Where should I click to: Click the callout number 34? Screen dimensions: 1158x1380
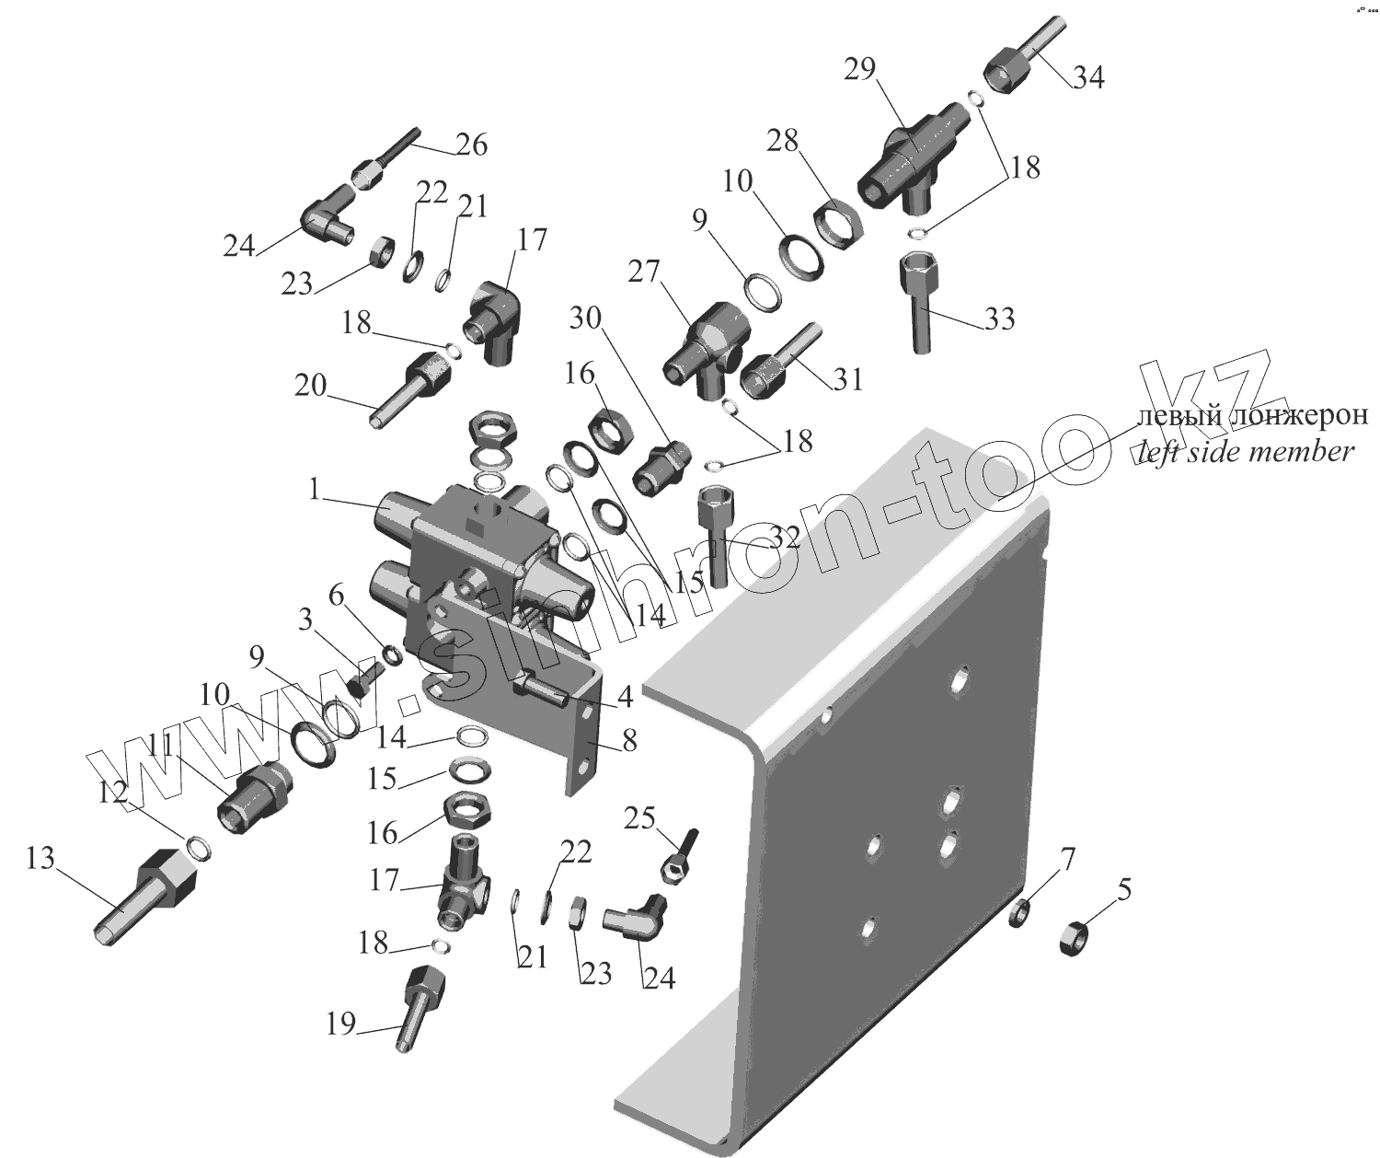(x=1088, y=77)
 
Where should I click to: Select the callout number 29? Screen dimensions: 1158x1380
(x=862, y=70)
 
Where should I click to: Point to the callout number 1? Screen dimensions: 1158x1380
(x=316, y=490)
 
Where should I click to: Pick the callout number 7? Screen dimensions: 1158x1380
(x=1066, y=860)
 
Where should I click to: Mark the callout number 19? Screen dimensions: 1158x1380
(x=340, y=1024)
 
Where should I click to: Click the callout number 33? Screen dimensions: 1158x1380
(x=999, y=318)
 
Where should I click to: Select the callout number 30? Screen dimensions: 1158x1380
(x=585, y=318)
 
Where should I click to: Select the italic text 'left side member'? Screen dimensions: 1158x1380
(x=1246, y=452)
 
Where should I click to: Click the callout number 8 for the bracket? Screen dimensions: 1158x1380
(x=629, y=740)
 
